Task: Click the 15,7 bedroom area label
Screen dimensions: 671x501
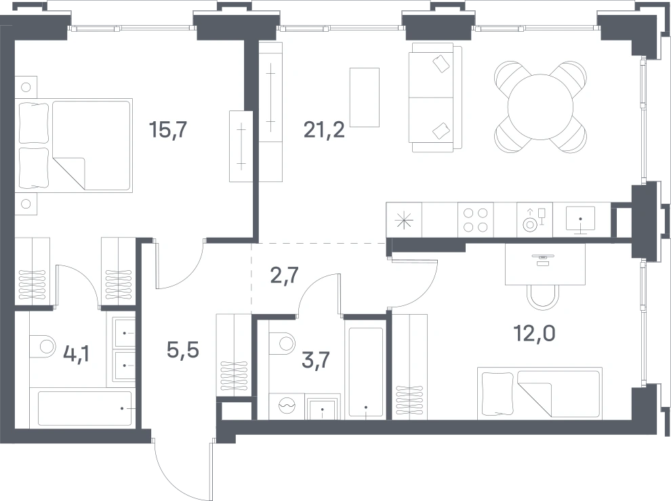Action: [x=168, y=129]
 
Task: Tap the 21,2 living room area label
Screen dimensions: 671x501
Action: [x=324, y=129]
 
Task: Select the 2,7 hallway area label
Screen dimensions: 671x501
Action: [x=284, y=276]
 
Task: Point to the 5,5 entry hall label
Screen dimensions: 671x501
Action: [x=183, y=350]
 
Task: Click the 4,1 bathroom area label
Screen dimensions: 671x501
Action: [x=76, y=354]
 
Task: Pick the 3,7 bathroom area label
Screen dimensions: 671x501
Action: [x=316, y=360]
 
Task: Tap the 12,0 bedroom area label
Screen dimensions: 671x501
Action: [x=535, y=333]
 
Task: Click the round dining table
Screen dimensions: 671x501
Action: [x=540, y=107]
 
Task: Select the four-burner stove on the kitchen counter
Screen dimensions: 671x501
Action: [x=475, y=220]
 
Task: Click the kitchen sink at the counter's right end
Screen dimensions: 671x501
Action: [x=581, y=220]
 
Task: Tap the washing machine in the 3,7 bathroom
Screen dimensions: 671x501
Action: [x=287, y=406]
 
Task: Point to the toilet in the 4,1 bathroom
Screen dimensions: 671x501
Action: [x=43, y=346]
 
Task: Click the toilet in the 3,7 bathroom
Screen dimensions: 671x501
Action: [x=283, y=343]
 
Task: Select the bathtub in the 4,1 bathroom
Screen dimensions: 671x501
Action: [x=84, y=408]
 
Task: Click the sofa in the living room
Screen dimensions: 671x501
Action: [x=435, y=97]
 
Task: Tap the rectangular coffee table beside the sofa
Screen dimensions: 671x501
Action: [x=364, y=97]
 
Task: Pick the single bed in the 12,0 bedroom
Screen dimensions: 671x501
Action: [x=540, y=393]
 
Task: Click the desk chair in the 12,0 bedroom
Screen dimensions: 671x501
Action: [x=543, y=297]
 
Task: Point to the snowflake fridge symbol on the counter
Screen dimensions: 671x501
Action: [x=404, y=221]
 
